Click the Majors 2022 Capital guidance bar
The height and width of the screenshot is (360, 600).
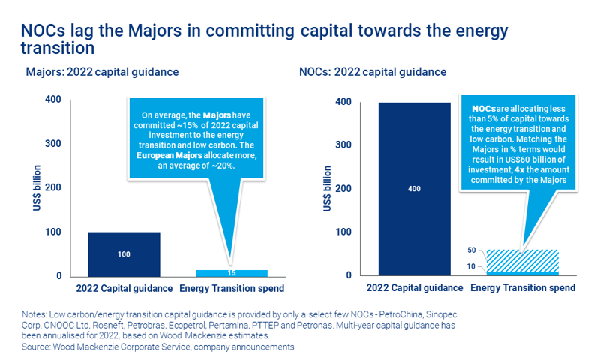click(x=124, y=254)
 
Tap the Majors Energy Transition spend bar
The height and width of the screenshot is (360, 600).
click(x=232, y=273)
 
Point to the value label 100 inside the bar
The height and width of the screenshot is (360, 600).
click(x=124, y=254)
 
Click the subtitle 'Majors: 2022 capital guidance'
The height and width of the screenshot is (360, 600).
click(x=101, y=72)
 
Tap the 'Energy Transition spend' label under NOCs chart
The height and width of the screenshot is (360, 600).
click(x=522, y=288)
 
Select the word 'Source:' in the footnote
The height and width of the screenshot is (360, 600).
click(x=40, y=347)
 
